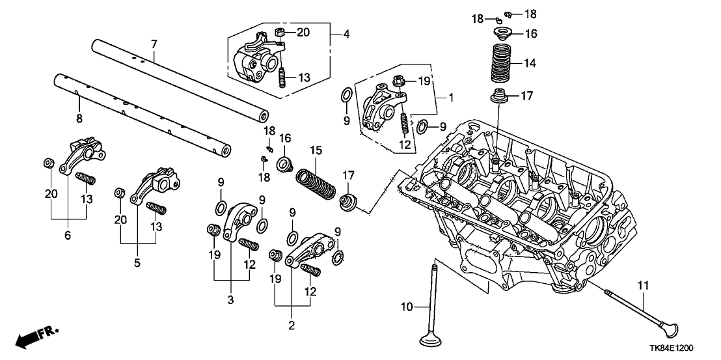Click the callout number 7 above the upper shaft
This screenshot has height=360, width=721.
(154, 44)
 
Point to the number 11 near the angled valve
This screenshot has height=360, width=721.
(643, 284)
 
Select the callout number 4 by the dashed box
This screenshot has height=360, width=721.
(346, 34)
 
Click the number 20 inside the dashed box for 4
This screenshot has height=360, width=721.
(305, 31)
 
